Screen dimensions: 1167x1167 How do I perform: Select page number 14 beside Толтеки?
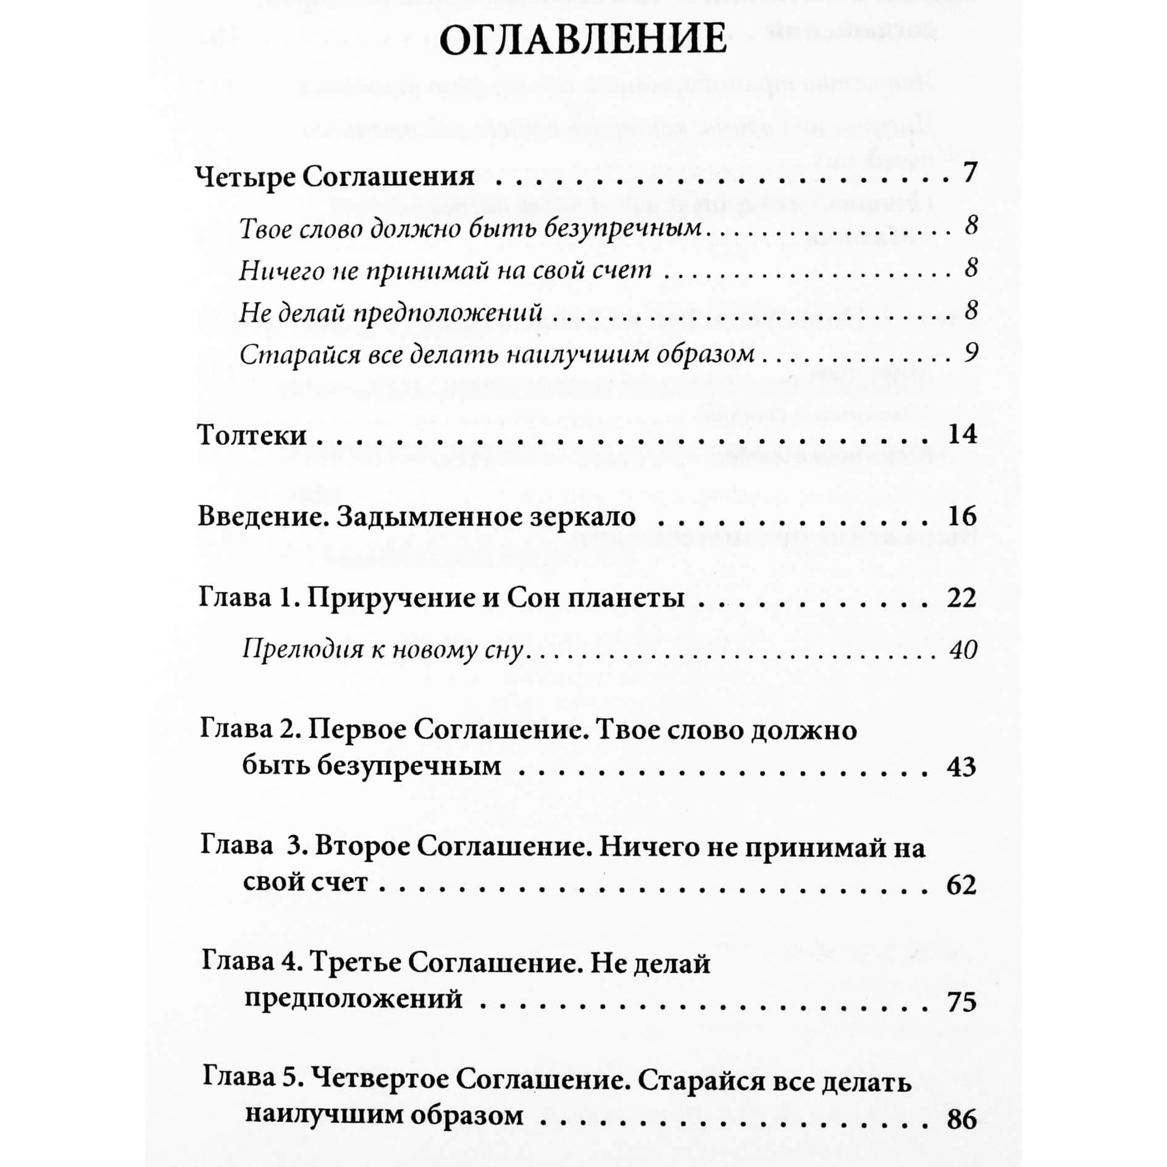pos(962,434)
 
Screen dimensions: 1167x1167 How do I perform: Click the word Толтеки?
pos(252,435)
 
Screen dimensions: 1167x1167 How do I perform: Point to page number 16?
pos(962,516)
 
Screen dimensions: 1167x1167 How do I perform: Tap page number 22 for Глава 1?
pos(962,598)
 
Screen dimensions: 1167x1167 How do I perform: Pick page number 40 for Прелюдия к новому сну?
pos(964,650)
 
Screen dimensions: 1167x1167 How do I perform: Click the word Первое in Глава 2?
pos(356,730)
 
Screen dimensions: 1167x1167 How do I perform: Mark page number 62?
pos(961,885)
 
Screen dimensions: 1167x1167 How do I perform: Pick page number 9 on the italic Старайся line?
pos(971,353)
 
